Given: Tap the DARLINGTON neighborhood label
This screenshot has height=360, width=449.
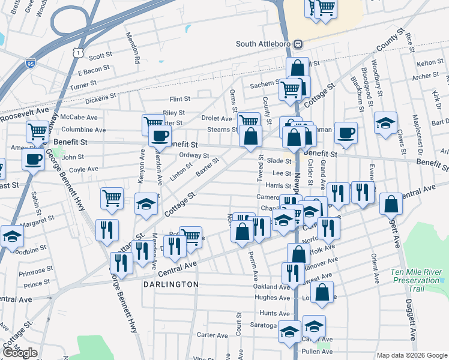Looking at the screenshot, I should [170, 284].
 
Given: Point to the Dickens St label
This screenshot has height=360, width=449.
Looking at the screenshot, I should [100, 97].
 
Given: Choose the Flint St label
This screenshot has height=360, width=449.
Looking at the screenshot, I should [179, 98].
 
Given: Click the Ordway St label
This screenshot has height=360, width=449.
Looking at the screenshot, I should [193, 155].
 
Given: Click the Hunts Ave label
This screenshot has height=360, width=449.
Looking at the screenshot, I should [275, 313].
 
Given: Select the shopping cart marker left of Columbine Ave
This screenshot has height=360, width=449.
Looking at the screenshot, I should [37, 131].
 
